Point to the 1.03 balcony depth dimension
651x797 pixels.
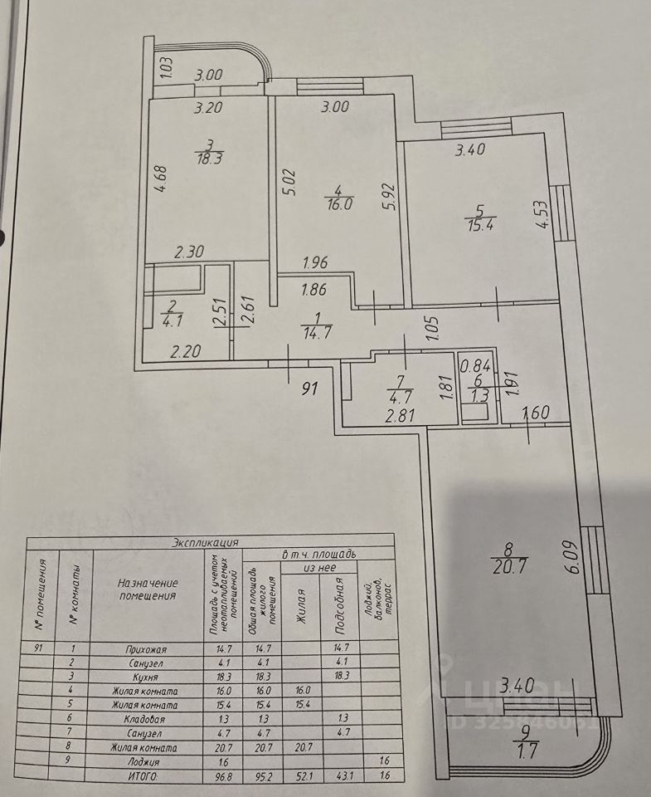[x=165, y=66]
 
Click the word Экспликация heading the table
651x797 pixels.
[x=205, y=542]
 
